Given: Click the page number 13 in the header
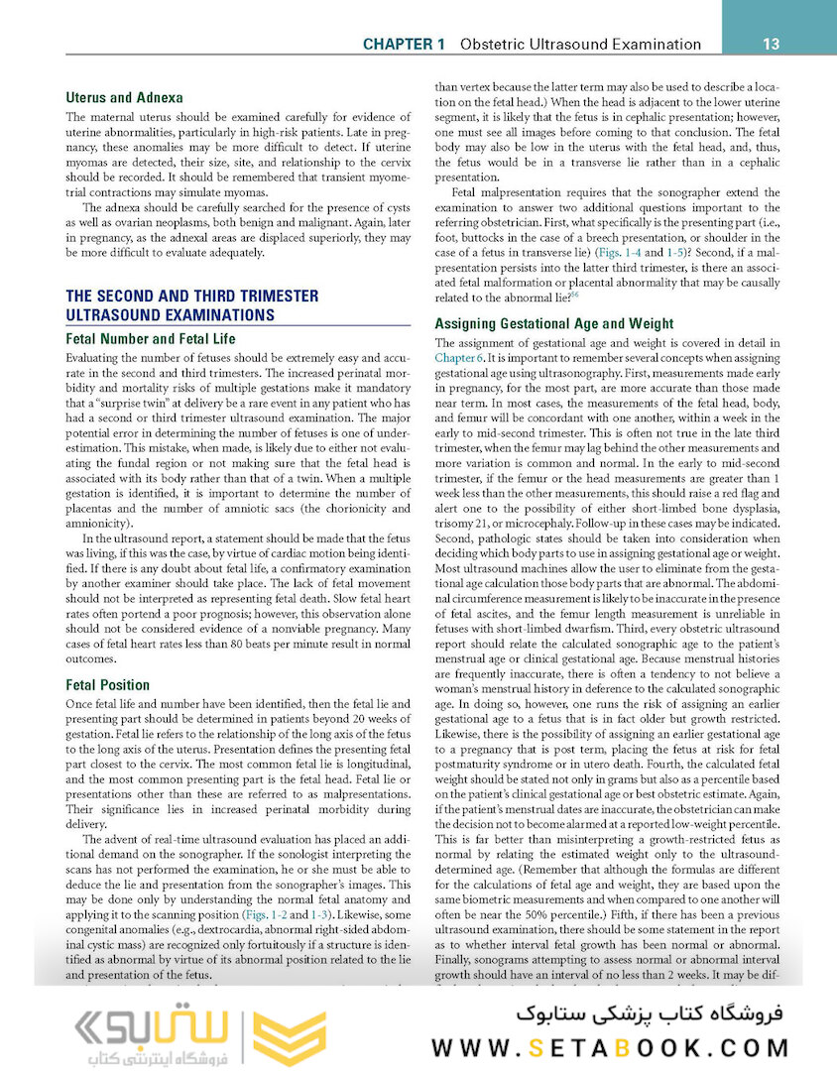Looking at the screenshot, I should click(x=770, y=44).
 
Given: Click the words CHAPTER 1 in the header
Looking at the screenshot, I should click(x=404, y=45).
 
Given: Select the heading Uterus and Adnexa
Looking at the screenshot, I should click(x=124, y=98).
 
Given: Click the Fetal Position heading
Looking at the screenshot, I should click(x=107, y=685).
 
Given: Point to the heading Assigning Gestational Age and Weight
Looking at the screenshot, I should click(x=568, y=323).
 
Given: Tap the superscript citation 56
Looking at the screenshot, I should click(x=576, y=295).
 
